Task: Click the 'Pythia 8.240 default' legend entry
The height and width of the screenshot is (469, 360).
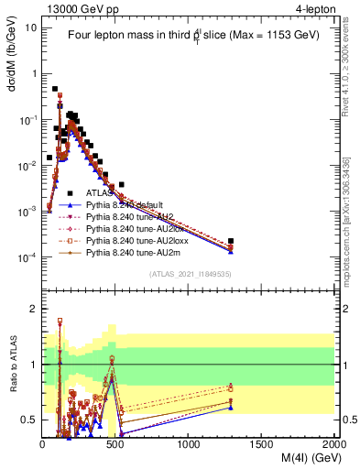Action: click(x=125, y=205)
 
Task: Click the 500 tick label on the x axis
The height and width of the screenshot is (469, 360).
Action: click(x=115, y=444)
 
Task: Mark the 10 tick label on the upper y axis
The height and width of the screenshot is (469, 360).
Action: click(x=31, y=27)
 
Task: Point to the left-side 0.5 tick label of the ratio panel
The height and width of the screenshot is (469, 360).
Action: click(x=29, y=420)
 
